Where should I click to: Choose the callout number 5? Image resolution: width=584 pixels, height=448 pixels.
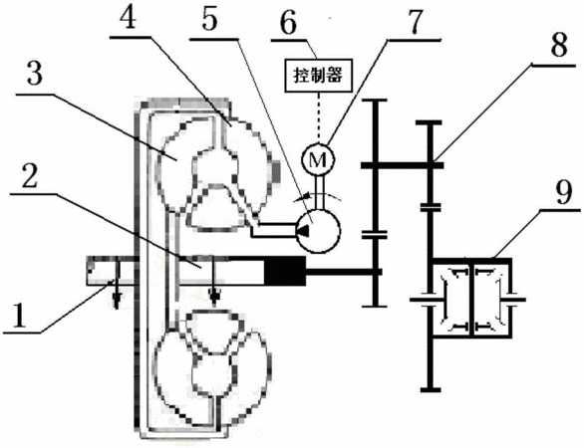coord(209,19)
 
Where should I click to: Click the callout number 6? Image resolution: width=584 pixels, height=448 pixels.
coord(288,21)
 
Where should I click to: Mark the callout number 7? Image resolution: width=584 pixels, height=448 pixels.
coord(414,22)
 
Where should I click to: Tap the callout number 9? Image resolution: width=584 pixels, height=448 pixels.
coord(563,193)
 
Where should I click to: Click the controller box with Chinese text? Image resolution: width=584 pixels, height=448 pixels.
coord(318,75)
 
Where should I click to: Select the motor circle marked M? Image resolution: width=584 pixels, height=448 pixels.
coord(318,159)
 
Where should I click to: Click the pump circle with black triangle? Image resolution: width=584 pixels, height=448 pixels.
coord(318,231)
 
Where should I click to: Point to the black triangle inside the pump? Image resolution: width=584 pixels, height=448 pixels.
coord(302,231)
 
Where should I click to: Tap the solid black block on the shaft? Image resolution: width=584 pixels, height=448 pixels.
coord(285,271)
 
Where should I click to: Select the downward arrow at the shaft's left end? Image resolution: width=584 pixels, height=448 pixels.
coord(117,283)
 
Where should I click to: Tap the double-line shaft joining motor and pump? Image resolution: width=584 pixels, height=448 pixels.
coord(320,192)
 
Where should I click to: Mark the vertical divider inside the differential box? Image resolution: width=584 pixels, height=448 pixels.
coord(471,299)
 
